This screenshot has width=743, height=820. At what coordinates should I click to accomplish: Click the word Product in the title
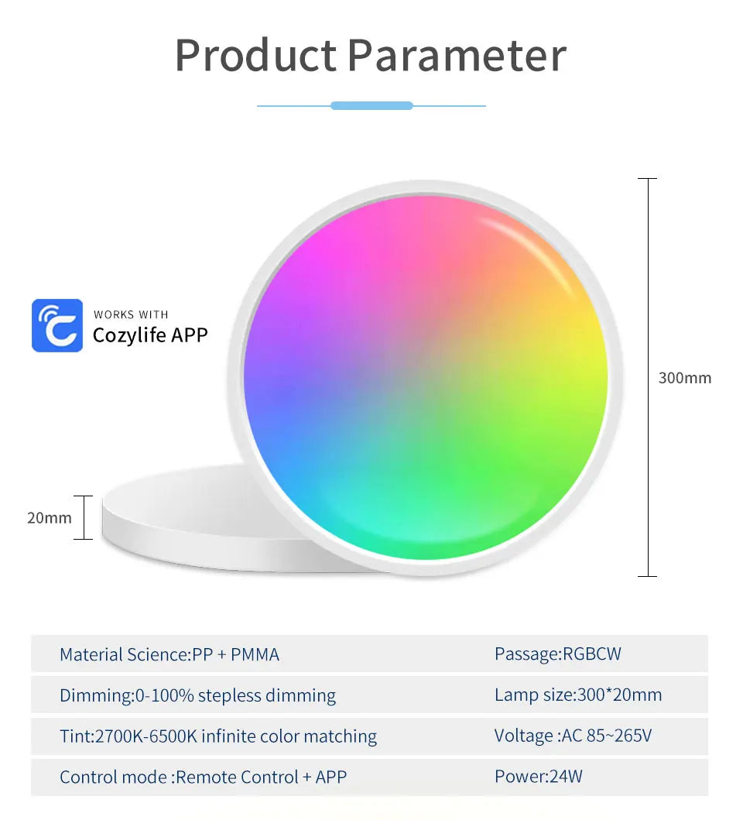255,56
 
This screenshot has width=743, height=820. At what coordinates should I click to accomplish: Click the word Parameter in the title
457,56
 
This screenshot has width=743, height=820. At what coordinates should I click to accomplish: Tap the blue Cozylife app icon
57,325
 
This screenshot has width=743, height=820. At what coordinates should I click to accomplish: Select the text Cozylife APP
150,335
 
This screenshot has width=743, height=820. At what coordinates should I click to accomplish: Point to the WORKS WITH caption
131,314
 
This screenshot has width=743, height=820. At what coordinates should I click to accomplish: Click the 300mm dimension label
684,378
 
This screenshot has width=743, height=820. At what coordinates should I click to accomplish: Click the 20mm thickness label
50,518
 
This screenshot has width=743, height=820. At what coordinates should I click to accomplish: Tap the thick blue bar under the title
371,105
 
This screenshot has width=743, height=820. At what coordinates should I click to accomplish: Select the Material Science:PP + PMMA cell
169,655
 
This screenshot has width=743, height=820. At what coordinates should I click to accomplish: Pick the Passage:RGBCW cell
557,654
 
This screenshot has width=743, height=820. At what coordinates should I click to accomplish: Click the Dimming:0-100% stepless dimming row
197,695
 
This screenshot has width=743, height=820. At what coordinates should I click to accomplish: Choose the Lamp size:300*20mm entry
578,695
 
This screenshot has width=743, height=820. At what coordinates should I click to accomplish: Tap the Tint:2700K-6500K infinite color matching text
218,736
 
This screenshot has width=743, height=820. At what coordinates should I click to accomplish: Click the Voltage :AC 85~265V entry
573,736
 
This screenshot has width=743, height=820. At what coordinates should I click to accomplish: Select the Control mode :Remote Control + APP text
203,777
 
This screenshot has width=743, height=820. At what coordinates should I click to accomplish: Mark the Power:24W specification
538,777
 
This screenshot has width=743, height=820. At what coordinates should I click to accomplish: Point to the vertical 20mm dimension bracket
83,517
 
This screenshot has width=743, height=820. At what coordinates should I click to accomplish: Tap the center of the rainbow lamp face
426,377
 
